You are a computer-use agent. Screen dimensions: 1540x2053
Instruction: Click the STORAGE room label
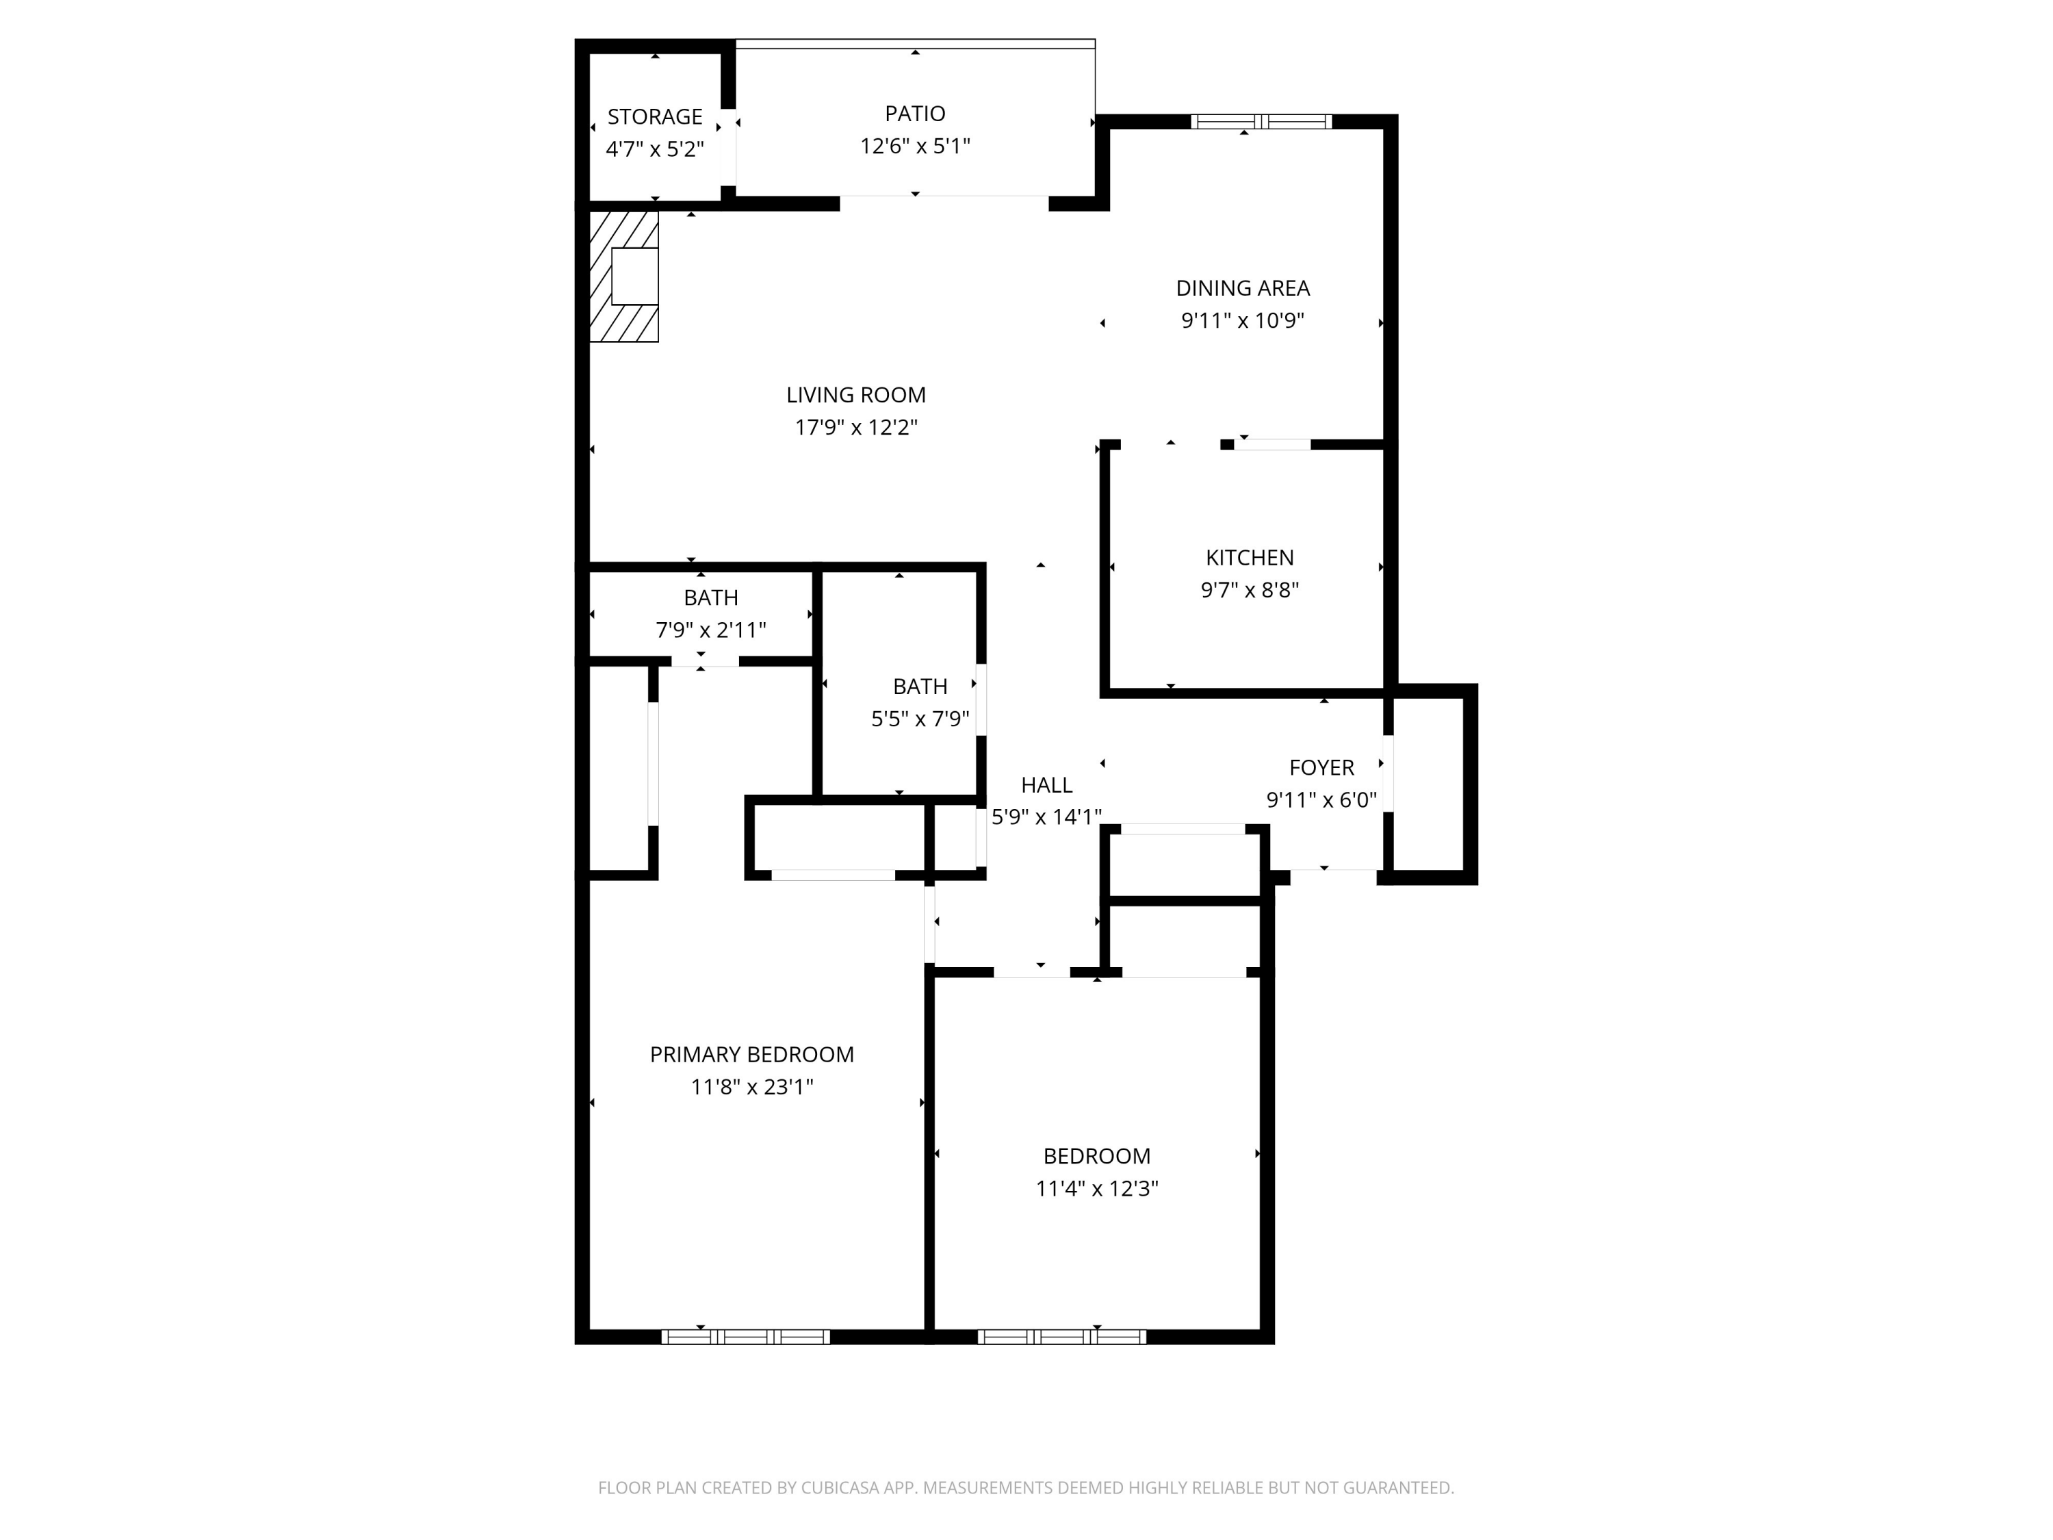(654, 117)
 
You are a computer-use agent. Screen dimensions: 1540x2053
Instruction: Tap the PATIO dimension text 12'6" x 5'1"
(914, 146)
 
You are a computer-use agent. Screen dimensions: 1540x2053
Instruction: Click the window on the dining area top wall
(1261, 122)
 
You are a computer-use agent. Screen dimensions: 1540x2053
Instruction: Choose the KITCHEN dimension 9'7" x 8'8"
(1249, 589)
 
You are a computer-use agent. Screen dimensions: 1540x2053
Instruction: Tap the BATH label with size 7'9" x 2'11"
(711, 598)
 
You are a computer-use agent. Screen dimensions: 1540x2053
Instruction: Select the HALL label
(1046, 784)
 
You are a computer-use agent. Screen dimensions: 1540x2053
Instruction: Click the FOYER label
(1321, 768)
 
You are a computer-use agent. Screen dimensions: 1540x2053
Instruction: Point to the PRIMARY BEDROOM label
(751, 1055)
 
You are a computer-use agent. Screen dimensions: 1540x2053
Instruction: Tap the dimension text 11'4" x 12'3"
(1096, 1188)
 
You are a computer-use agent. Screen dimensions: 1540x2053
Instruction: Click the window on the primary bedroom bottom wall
(745, 1337)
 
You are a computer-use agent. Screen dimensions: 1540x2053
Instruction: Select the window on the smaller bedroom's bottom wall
(1062, 1337)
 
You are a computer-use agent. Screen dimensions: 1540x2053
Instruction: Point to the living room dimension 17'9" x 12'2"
(855, 427)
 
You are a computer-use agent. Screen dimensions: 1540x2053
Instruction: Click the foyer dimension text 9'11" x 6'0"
(1321, 799)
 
